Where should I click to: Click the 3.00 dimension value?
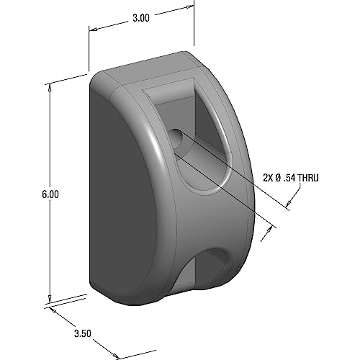pyautogui.click(x=140, y=19)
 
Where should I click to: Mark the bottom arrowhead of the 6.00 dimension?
pyautogui.click(x=49, y=300)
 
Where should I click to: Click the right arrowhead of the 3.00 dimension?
pyautogui.click(x=192, y=9)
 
